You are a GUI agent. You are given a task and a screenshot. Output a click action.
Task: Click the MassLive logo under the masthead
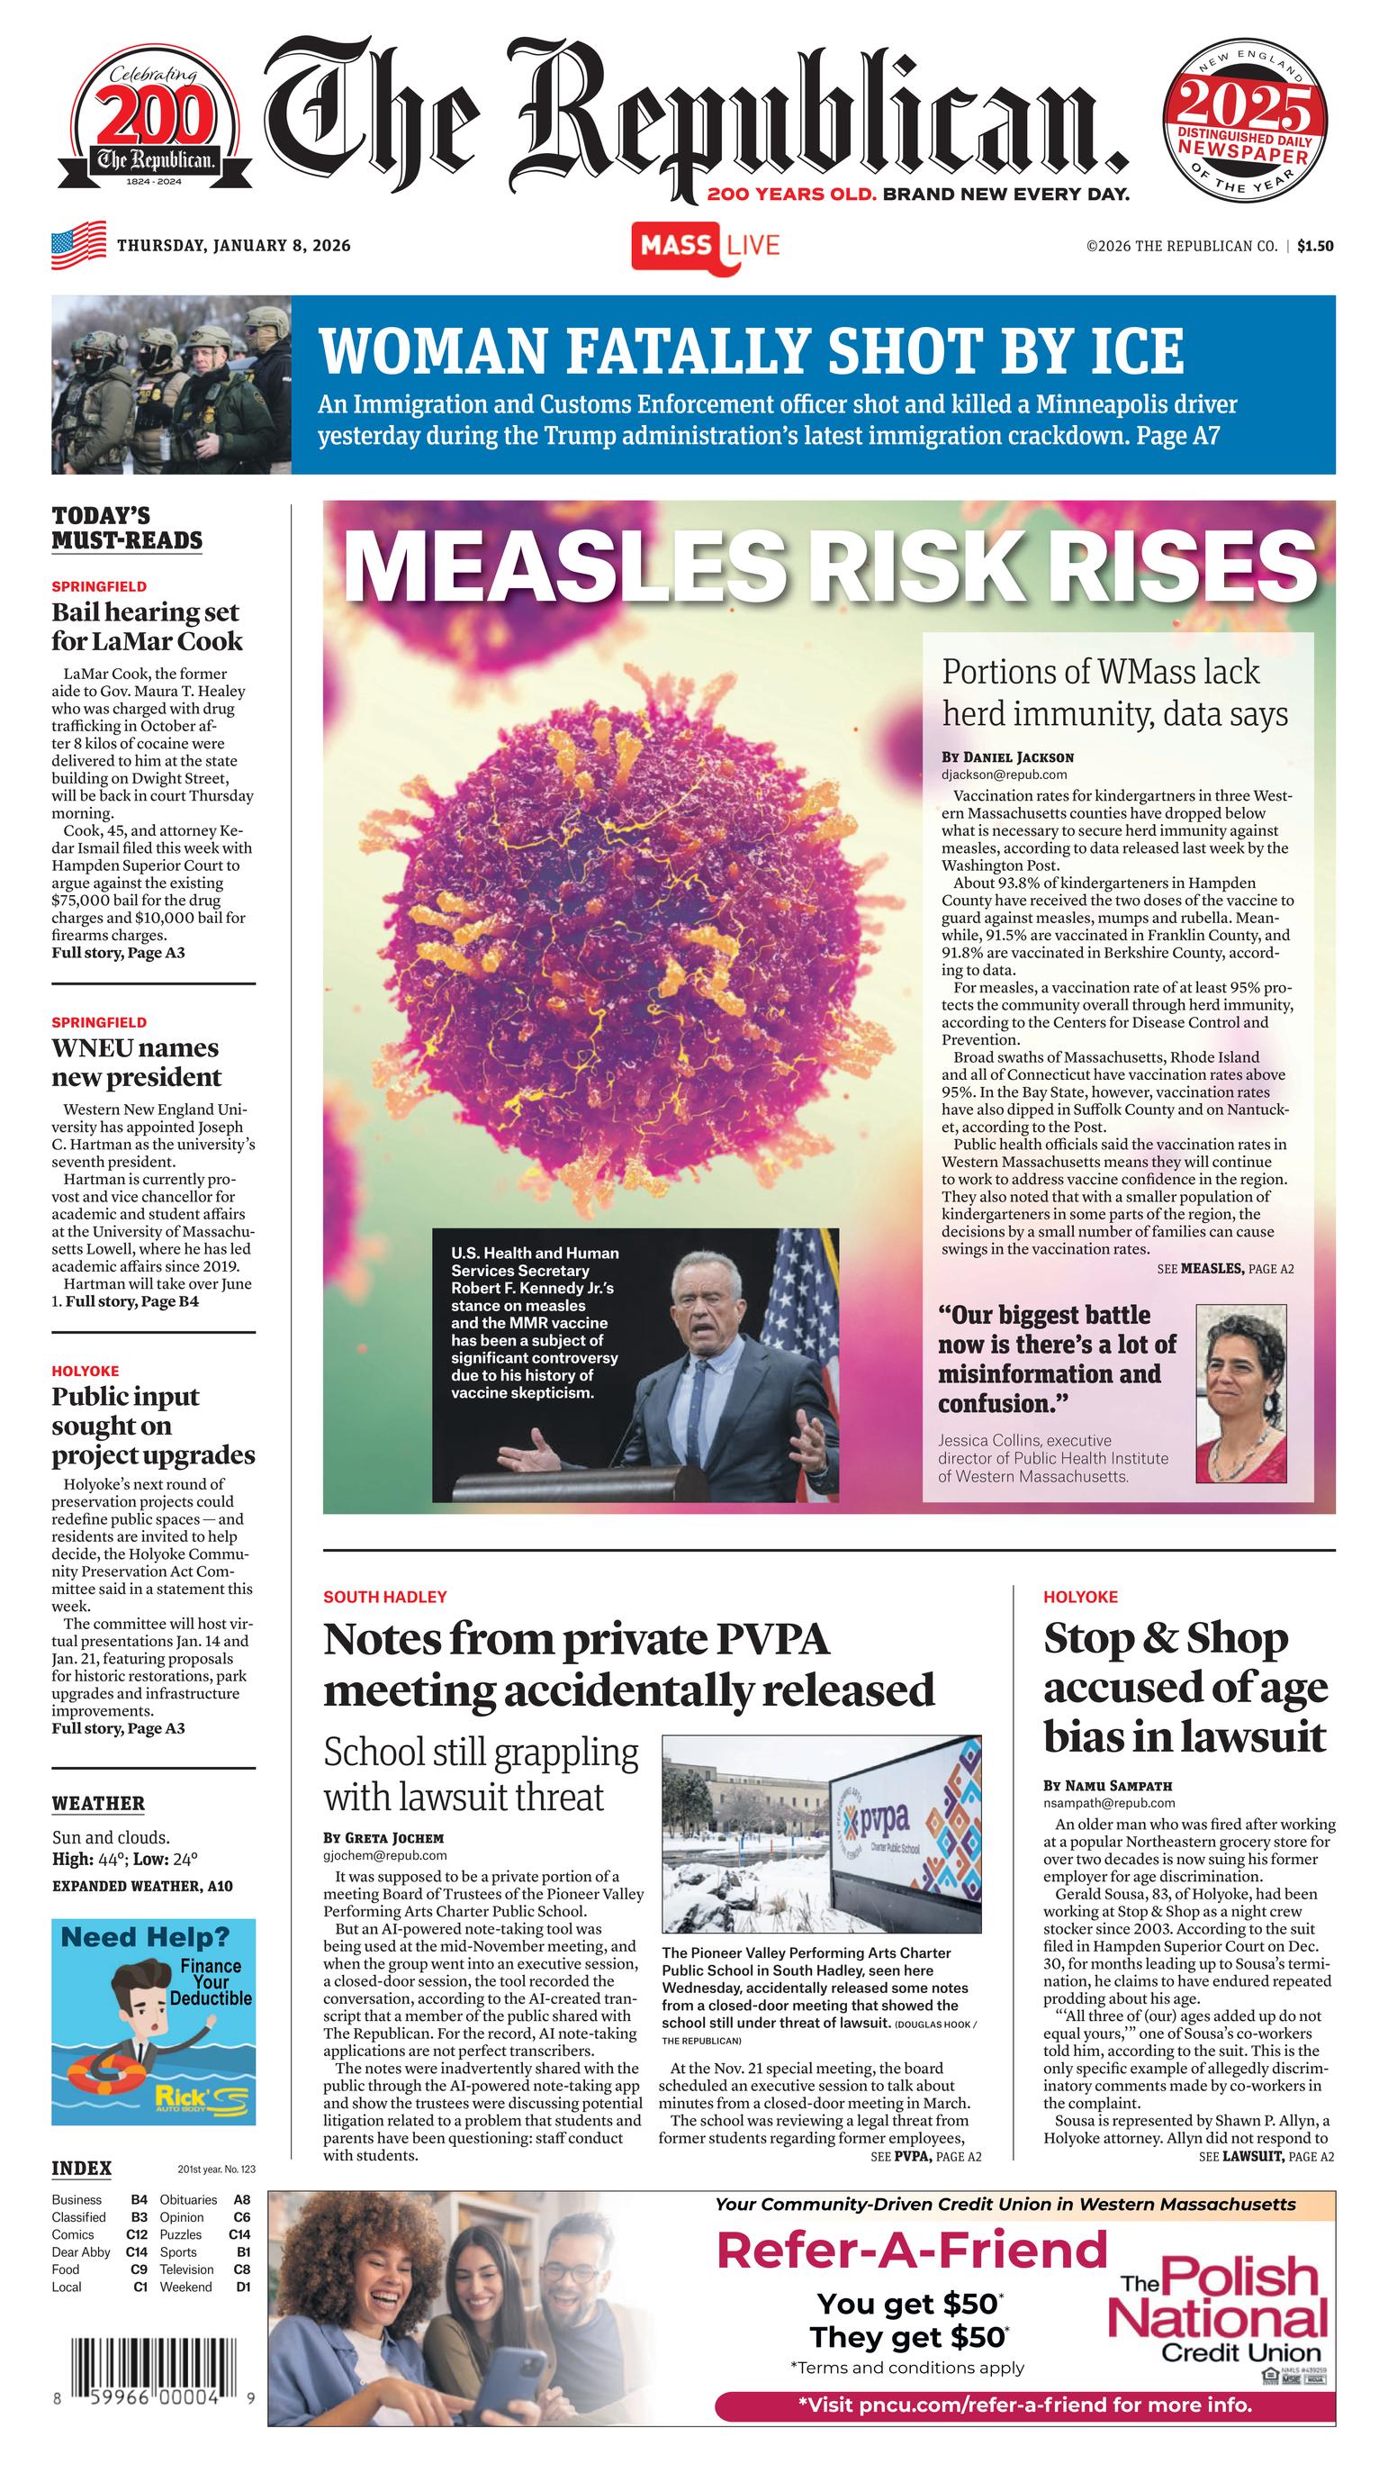(x=705, y=246)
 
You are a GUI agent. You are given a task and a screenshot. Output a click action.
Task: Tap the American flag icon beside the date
(x=79, y=245)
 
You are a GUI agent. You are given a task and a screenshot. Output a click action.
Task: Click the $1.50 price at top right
(x=1315, y=246)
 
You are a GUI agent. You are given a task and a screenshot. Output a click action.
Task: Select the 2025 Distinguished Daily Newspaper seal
(x=1246, y=126)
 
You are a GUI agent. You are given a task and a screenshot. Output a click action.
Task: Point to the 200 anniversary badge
(x=154, y=126)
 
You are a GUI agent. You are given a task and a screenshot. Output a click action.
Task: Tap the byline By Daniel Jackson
(x=1007, y=757)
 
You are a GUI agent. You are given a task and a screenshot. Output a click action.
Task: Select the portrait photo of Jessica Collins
(x=1240, y=1393)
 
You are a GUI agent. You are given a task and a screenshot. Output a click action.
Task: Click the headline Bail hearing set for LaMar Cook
(x=147, y=626)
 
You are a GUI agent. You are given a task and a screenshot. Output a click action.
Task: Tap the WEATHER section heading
(x=98, y=1804)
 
